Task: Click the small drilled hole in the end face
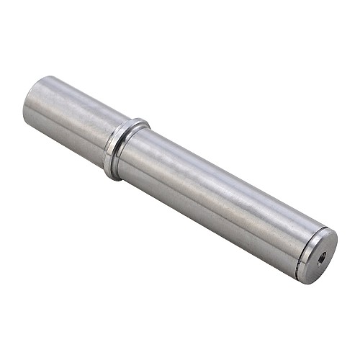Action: pyautogui.click(x=321, y=256)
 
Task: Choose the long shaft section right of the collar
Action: pyautogui.click(x=216, y=194)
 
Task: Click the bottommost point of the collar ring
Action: pyautogui.click(x=109, y=177)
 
